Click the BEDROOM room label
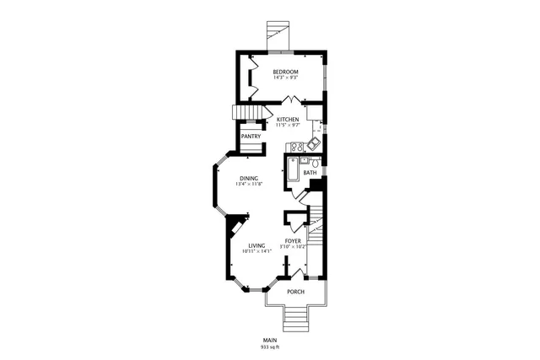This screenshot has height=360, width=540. point(285,73)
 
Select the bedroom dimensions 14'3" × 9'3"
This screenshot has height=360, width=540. point(285,78)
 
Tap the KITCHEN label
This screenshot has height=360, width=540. point(288,120)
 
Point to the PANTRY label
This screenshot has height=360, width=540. point(251,137)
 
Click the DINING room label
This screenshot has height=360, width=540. point(248,178)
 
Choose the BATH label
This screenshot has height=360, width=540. point(310,173)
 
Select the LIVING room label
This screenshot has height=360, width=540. point(256,245)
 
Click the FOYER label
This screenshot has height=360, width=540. point(293,241)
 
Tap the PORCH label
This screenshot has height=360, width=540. point(295,292)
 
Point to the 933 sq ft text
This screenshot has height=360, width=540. point(269,347)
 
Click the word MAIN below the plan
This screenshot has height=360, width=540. point(269,340)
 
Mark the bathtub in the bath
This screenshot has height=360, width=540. point(294,170)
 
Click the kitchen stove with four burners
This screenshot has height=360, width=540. point(297,148)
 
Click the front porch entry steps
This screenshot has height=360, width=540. point(295,318)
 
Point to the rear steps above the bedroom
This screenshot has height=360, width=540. point(276,32)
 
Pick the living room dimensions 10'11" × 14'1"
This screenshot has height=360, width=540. point(256,251)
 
